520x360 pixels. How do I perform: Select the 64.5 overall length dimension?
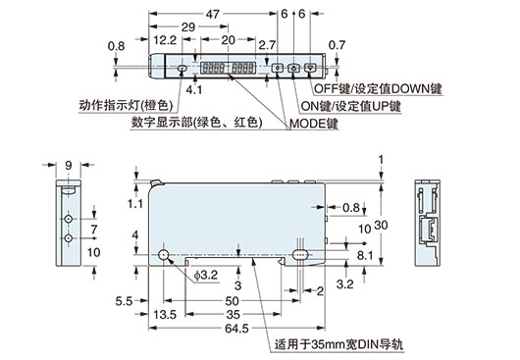point(237,330)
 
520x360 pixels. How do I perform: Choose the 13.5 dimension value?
point(168,315)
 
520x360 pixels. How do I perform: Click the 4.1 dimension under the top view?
point(192,89)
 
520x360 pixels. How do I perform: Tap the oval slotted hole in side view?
point(297,255)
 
